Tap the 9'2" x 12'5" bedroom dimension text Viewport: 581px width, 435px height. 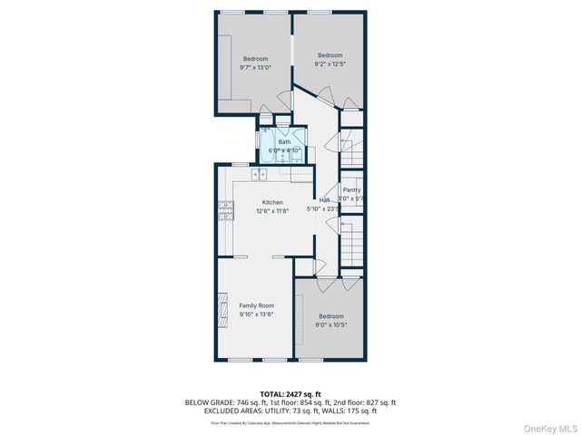[330, 63]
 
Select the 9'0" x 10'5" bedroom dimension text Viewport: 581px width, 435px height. [330, 324]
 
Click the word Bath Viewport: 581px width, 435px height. [284, 142]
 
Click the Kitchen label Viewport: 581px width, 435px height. [272, 202]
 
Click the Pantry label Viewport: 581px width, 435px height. [351, 189]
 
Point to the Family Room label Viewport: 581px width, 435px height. [256, 305]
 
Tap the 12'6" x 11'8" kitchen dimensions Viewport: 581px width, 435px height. [272, 210]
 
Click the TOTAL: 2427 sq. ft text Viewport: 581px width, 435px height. [290, 394]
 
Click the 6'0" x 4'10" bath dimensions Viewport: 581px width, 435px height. [284, 150]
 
